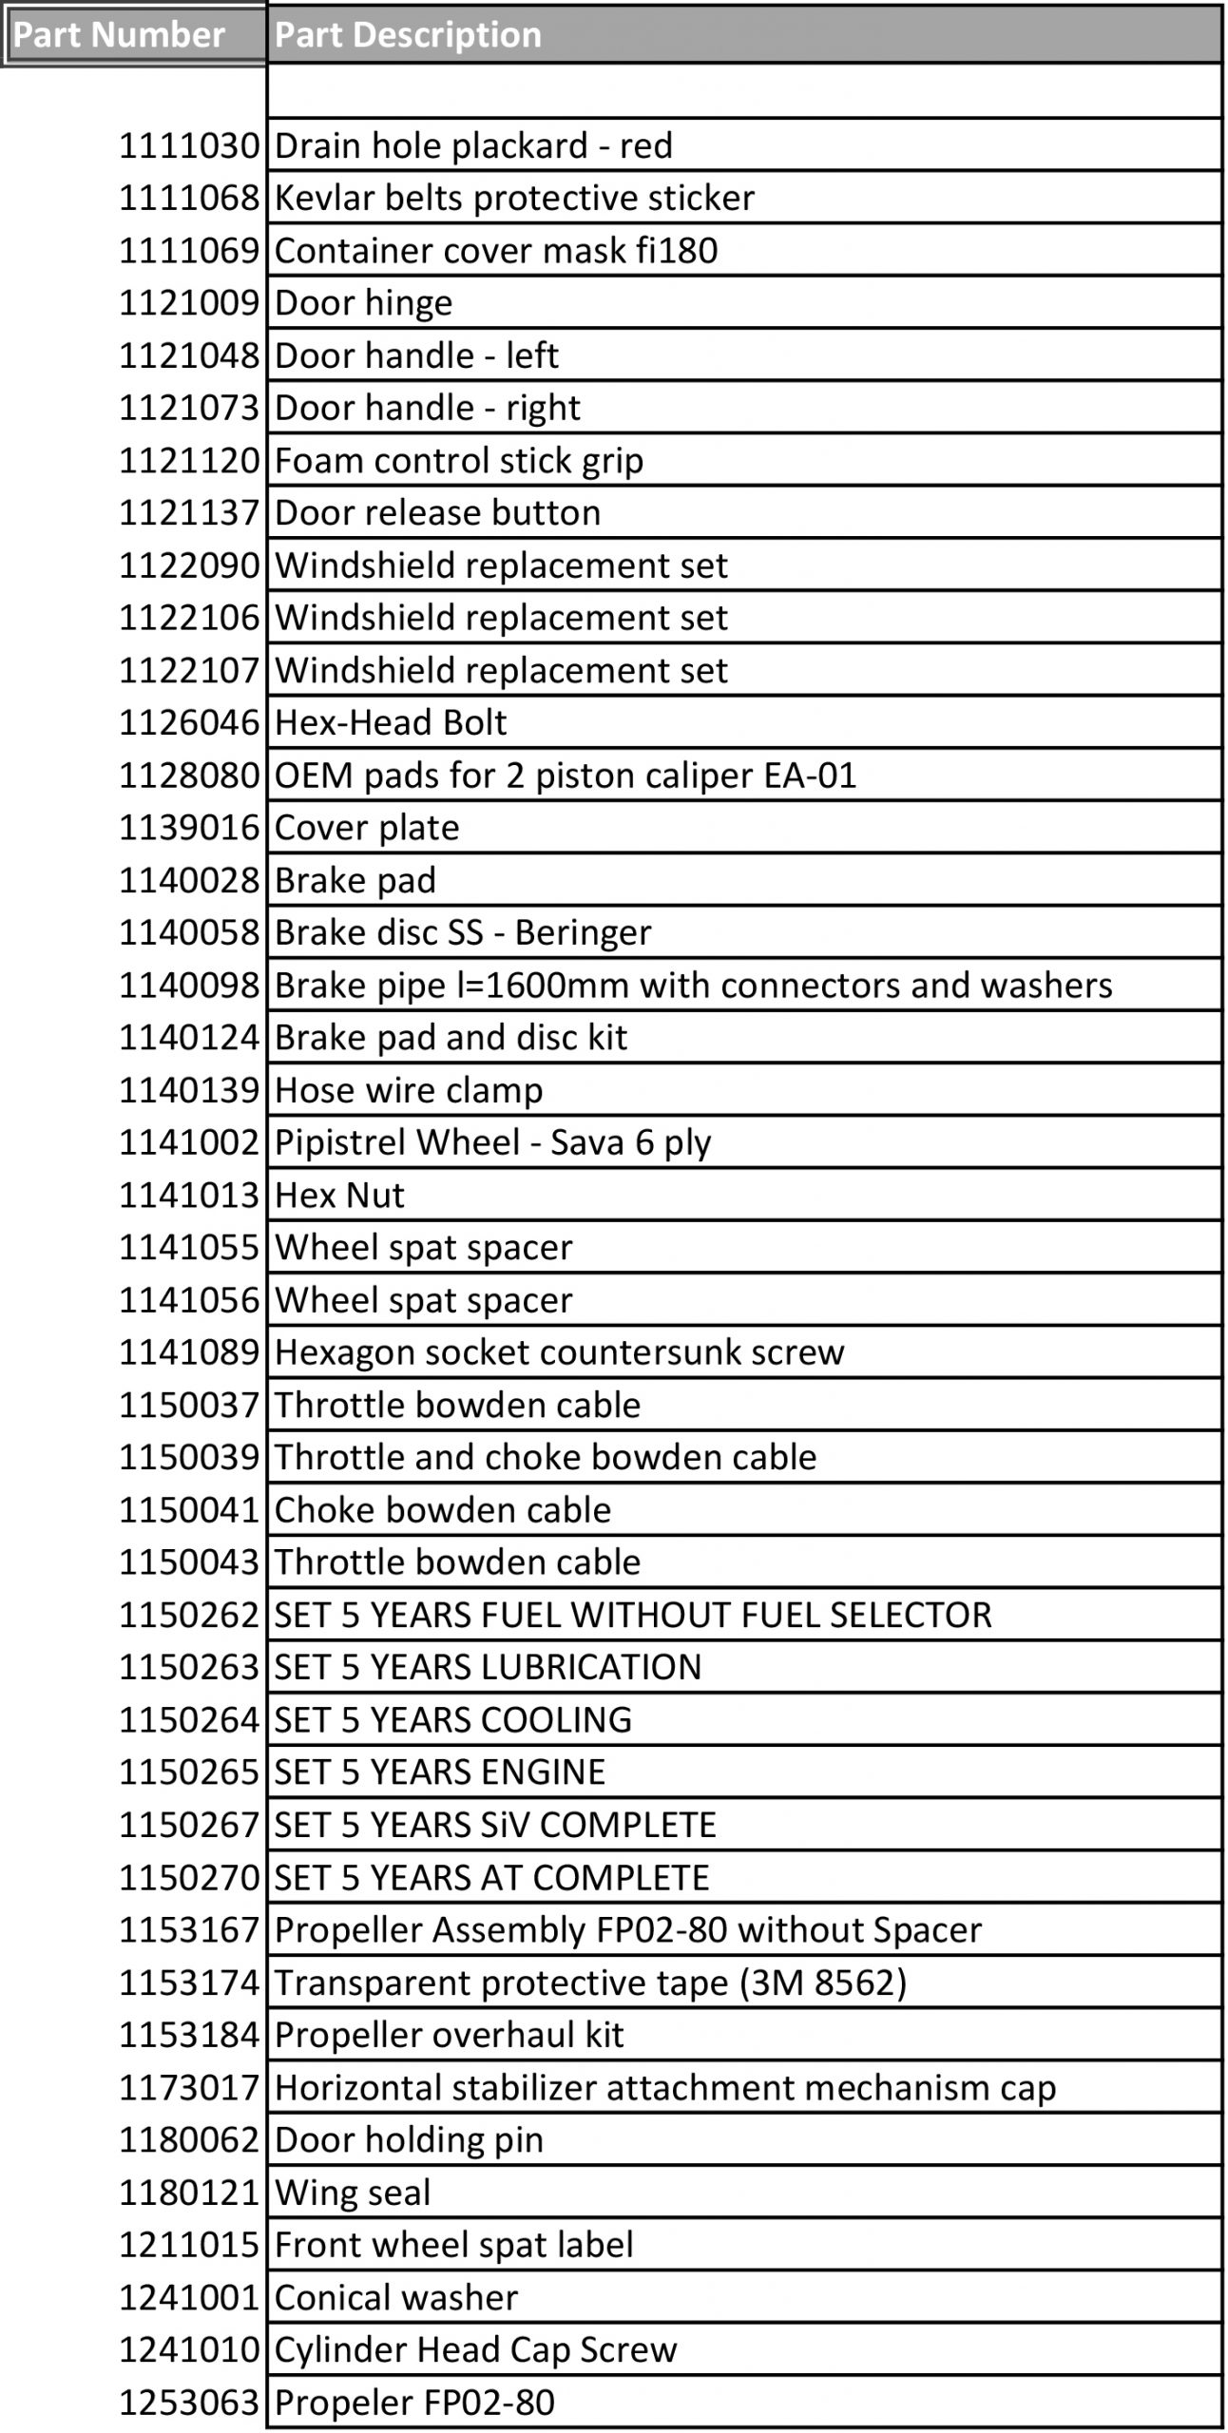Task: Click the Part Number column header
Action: (x=119, y=35)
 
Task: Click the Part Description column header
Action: (x=408, y=35)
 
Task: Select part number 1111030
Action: (x=188, y=145)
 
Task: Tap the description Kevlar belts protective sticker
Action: (x=514, y=198)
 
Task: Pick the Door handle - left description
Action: (x=416, y=355)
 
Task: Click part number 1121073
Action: (x=188, y=408)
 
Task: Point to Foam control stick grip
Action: (x=459, y=460)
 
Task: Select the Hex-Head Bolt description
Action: (x=391, y=722)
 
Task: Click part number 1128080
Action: (x=188, y=776)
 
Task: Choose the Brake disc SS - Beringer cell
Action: (x=463, y=932)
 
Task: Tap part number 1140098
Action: (x=188, y=986)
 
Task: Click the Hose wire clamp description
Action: (x=409, y=1090)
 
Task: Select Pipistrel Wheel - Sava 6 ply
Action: (x=492, y=1142)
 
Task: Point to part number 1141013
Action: (x=188, y=1195)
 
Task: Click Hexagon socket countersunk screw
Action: (x=559, y=1352)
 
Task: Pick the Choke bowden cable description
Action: (x=443, y=1510)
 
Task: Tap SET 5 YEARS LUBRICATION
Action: (x=488, y=1667)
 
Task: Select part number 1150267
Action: (x=188, y=1825)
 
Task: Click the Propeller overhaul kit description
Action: (x=449, y=2035)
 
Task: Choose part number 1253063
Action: (x=188, y=2403)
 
